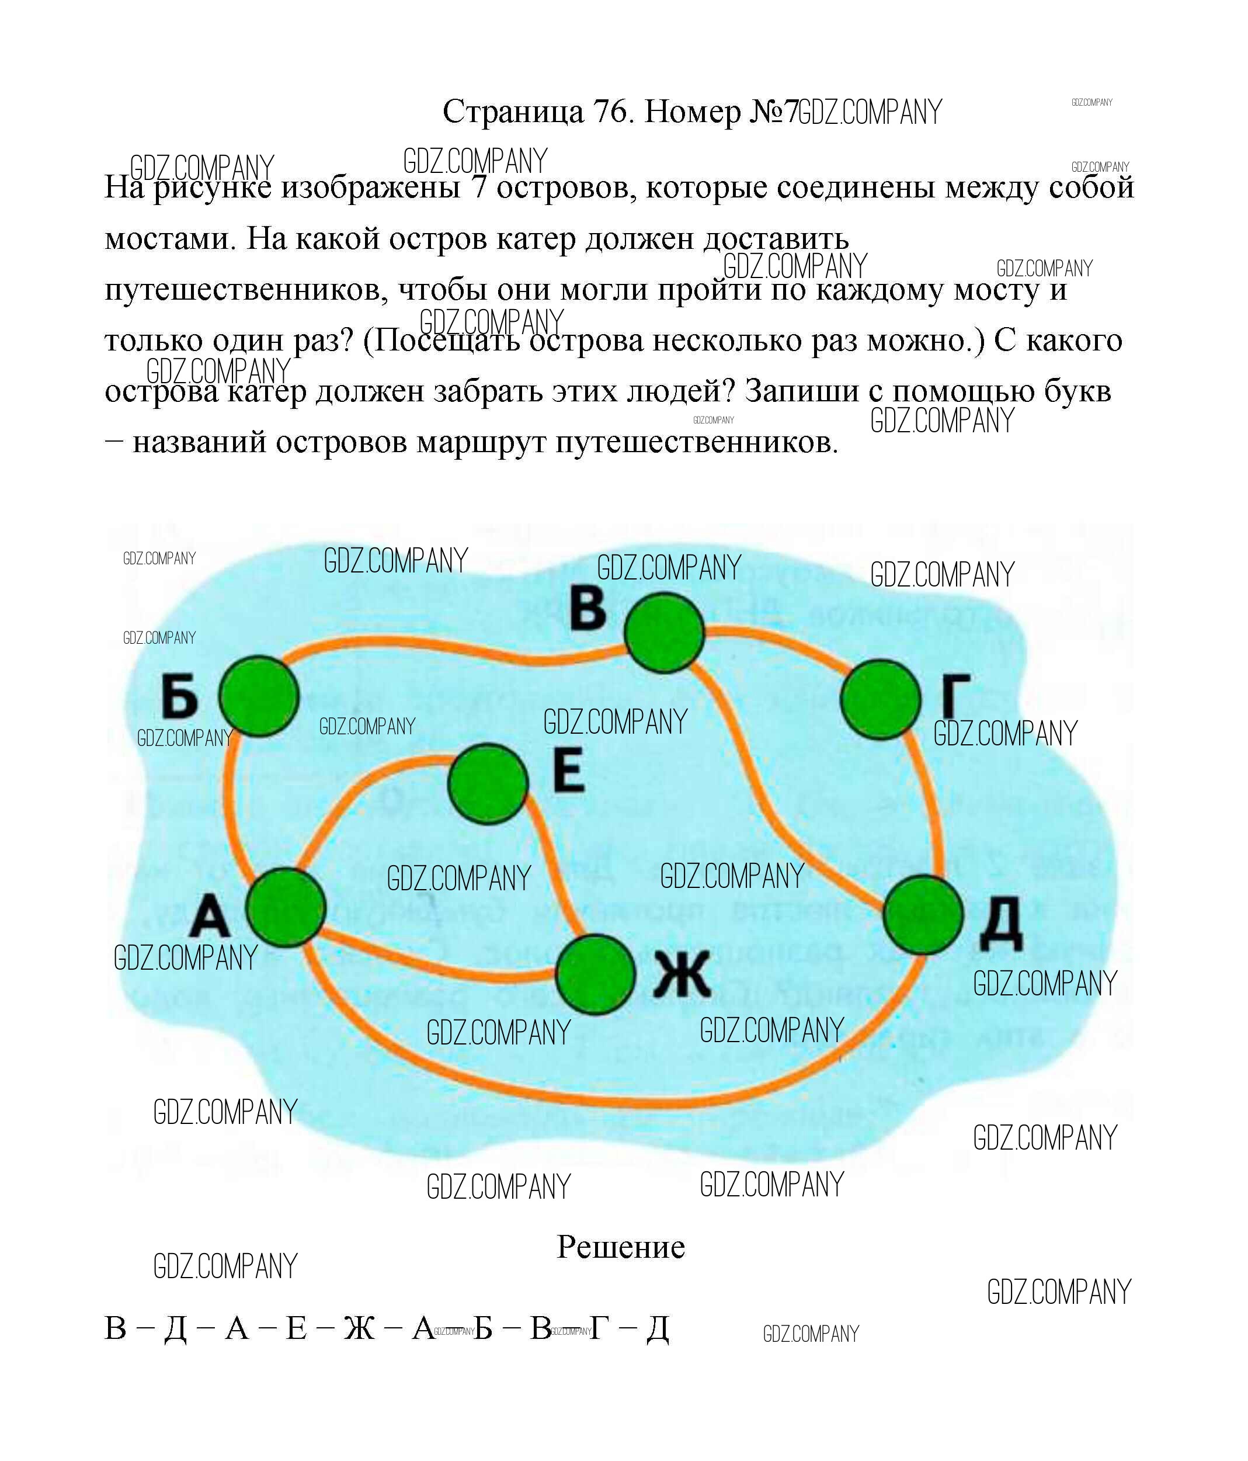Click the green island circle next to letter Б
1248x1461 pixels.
[259, 696]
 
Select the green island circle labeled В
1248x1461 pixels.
[664, 632]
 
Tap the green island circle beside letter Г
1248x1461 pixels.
[881, 699]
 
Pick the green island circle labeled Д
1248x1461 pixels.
[923, 915]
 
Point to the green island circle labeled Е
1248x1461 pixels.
[488, 783]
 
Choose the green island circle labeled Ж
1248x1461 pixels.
[596, 974]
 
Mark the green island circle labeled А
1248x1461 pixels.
[286, 907]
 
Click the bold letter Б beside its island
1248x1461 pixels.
[179, 696]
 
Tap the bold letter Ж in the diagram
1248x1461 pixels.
[681, 974]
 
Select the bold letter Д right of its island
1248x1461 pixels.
[1000, 924]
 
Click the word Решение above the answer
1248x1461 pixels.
[620, 1247]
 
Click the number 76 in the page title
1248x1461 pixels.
[611, 112]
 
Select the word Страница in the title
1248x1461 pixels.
[513, 112]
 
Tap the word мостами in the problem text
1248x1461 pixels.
[168, 239]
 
